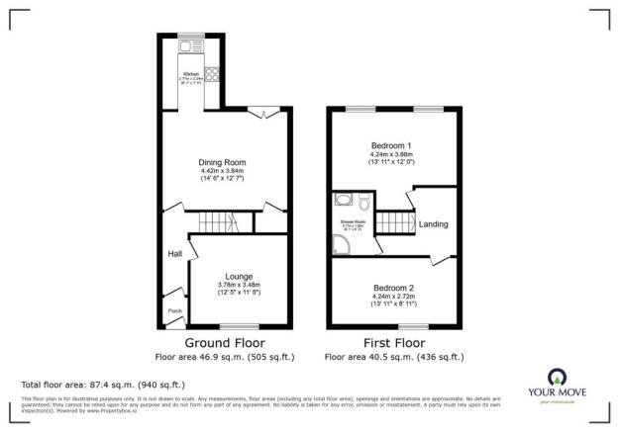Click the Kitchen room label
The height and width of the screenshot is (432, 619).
coord(189,74)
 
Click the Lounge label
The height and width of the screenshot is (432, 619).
coord(238,276)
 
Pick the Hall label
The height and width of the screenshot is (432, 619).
coord(174,254)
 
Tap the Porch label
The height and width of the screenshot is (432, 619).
coord(174,310)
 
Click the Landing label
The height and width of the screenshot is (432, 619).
coord(433,224)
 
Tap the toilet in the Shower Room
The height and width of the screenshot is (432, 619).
coord(363,204)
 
